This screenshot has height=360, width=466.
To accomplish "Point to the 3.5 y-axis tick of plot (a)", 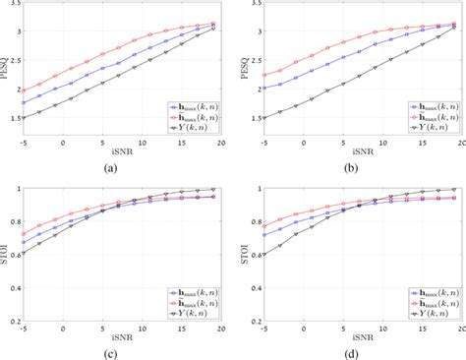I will (x=12, y=5).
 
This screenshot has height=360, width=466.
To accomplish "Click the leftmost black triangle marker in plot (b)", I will (x=261, y=118).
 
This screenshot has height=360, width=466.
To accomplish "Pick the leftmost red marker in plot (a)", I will (x=24, y=88).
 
